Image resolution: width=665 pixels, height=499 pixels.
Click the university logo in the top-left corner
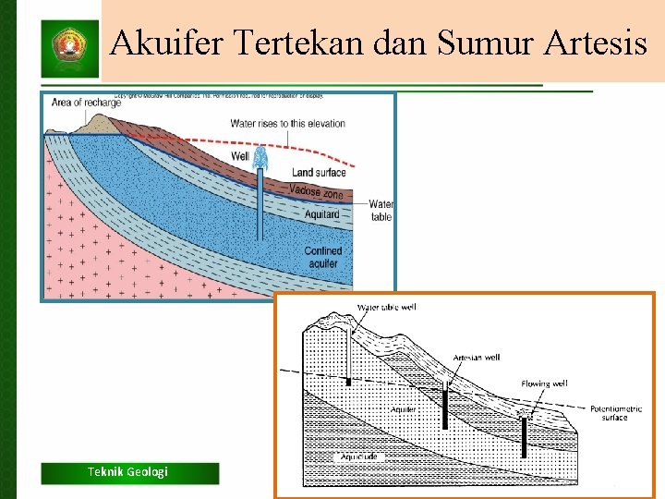[x=68, y=46]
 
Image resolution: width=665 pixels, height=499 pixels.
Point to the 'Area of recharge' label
[x=86, y=103]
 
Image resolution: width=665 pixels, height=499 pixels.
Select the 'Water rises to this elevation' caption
[x=287, y=123]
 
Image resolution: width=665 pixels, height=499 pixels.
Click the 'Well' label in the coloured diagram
[x=240, y=157]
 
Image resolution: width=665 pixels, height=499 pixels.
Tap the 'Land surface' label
[x=319, y=173]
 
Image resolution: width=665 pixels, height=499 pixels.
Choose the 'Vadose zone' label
[x=316, y=191]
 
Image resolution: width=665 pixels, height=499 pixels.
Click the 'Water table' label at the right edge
[x=381, y=211]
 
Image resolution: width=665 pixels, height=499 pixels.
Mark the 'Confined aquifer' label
[x=323, y=257]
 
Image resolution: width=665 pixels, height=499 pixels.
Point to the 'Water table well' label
[x=386, y=307]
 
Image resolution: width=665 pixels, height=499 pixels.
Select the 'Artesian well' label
[x=477, y=358]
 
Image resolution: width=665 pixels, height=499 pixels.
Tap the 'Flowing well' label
[x=544, y=383]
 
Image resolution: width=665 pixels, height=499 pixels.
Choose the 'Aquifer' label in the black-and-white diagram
[x=403, y=408]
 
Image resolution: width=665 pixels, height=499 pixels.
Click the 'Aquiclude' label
[x=357, y=456]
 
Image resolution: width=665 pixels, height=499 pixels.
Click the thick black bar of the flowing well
[x=524, y=437]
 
